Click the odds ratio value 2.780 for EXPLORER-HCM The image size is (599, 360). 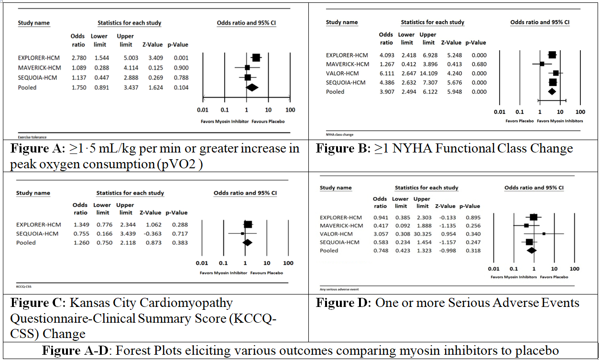pyautogui.click(x=78, y=58)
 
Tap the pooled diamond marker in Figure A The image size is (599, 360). pyautogui.click(x=251, y=87)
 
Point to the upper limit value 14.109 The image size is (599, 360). pyautogui.click(x=428, y=73)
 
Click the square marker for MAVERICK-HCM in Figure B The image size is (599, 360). pyautogui.click(x=542, y=64)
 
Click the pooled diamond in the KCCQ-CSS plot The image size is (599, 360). pyautogui.click(x=247, y=242)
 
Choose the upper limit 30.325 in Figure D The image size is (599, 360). pyautogui.click(x=423, y=234)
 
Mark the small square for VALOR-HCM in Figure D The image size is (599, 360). pyautogui.click(x=544, y=234)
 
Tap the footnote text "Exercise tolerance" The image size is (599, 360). pyautogui.click(x=32, y=137)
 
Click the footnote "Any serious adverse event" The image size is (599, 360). pyautogui.click(x=339, y=289)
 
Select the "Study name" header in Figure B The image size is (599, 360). pyautogui.click(x=342, y=22)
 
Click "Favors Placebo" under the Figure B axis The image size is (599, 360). pyautogui.click(x=519, y=121)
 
